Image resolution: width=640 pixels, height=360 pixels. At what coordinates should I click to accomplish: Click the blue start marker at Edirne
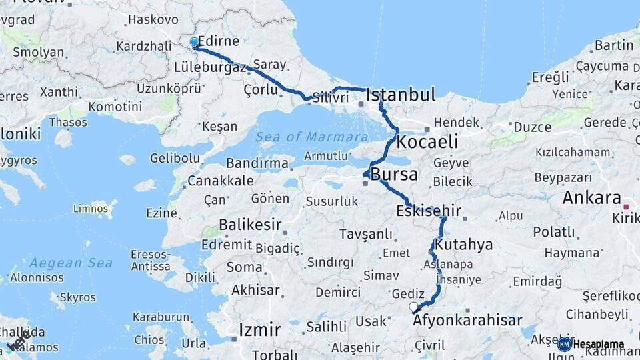coord(194,43)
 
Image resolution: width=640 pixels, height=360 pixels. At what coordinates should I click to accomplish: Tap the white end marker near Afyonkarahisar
coord(413,307)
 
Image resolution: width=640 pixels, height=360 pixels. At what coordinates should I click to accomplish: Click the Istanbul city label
coord(401,94)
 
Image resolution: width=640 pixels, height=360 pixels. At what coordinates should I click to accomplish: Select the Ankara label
coord(591,198)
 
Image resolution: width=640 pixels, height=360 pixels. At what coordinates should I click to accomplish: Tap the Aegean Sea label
coord(71,263)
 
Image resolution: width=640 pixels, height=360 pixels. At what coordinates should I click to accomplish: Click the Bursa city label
coord(394,175)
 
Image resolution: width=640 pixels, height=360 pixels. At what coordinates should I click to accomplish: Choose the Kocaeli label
coord(427,141)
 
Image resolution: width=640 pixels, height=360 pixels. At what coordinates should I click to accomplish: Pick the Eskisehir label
coord(429,211)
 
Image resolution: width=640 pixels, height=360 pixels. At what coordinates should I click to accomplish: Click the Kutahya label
coord(464,245)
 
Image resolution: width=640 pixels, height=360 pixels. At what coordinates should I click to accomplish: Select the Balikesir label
coord(250,225)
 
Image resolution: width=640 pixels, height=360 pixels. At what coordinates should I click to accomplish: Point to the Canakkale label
coord(220,181)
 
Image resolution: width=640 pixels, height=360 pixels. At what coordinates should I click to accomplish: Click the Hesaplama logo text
coord(598,344)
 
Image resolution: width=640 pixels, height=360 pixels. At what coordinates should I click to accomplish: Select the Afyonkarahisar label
coord(467,321)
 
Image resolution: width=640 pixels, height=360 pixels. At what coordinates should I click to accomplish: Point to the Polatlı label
coord(553,232)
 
